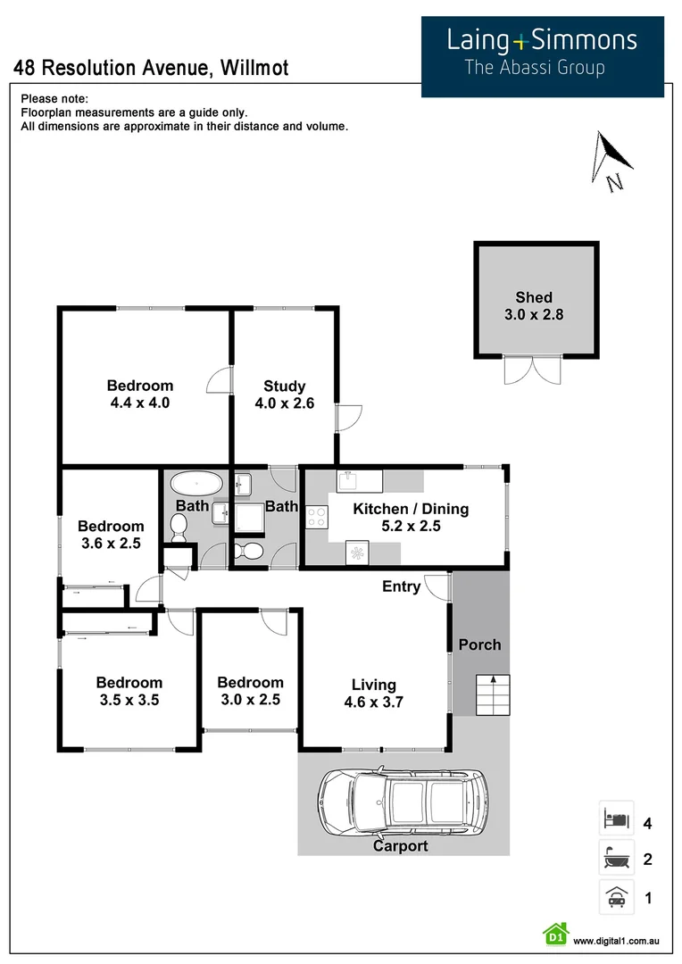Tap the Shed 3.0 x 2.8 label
tap(534, 306)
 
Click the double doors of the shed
tap(534, 370)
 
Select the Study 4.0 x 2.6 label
tap(285, 395)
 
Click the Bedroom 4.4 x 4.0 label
tap(140, 394)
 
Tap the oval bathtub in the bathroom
tap(196, 485)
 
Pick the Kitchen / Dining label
tap(411, 518)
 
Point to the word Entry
tap(401, 586)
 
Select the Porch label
tap(479, 644)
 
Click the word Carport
tap(400, 846)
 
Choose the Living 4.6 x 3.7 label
tap(373, 694)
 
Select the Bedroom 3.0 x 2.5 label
tap(250, 691)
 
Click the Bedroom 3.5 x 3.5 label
tap(129, 692)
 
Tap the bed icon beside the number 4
tap(616, 819)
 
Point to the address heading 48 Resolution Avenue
tap(151, 68)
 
